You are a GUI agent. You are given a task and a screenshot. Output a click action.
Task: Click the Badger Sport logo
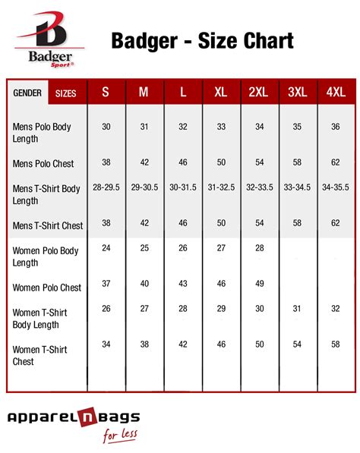coord(50,39)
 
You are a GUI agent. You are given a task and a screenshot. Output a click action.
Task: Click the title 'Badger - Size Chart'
coord(202,40)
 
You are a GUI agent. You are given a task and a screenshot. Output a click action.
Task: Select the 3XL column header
coord(298,93)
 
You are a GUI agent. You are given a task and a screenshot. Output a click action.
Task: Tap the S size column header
coord(106,93)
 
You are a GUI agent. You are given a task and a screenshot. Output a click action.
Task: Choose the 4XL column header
coord(336,93)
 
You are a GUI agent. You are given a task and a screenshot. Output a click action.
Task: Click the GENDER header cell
coord(27,93)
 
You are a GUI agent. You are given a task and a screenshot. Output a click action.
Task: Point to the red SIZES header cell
coord(66,93)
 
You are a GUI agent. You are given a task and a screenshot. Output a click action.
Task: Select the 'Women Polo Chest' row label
coord(47,288)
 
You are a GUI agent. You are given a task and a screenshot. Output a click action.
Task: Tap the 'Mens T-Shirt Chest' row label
coord(48,225)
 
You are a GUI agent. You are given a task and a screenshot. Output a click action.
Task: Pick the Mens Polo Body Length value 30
coord(106,127)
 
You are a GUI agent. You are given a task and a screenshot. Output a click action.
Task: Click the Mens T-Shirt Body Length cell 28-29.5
coord(106,187)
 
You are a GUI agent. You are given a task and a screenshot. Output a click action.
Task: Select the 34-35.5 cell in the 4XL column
coord(336,187)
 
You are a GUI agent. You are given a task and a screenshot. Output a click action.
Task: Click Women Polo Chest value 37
coord(106,283)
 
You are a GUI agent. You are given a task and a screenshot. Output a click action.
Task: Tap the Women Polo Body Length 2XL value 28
coord(260,248)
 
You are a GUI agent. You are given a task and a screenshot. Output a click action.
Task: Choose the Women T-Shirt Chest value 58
coord(336,344)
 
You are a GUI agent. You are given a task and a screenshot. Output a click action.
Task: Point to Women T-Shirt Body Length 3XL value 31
coord(298,308)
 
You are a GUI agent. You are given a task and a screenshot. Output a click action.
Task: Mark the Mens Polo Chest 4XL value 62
coord(336,162)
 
